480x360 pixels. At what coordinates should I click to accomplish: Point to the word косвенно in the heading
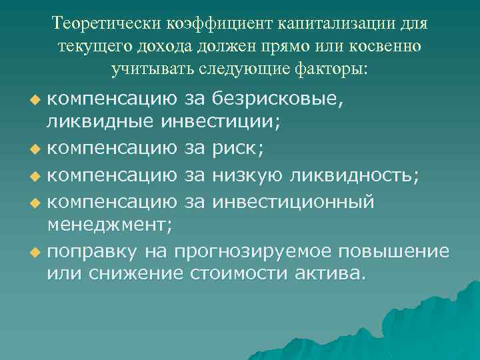tap(389, 47)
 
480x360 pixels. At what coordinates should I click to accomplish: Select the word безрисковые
tap(279, 99)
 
